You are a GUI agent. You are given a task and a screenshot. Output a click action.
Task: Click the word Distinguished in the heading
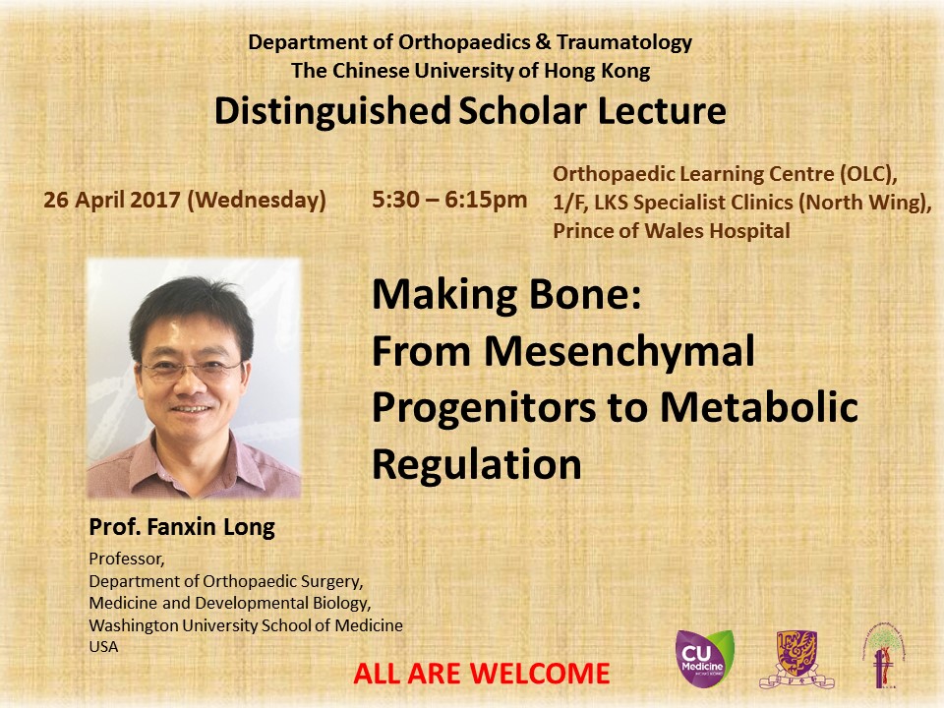pos(332,112)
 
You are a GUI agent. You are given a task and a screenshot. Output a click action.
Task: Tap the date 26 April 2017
pos(112,200)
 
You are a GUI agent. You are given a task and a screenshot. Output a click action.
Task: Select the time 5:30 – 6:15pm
pos(449,200)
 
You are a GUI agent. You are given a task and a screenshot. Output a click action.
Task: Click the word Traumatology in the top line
pos(624,42)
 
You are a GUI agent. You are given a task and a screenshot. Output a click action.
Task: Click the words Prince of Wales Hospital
pos(672,230)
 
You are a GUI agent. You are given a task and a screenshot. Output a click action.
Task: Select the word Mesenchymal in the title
pos(619,353)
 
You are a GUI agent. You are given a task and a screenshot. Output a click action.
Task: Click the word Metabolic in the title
pos(759,407)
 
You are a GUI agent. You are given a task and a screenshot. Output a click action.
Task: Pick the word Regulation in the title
pos(477,465)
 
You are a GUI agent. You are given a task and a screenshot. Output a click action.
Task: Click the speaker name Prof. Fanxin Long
pos(182,527)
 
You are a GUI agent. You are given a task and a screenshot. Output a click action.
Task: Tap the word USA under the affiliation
pos(103,647)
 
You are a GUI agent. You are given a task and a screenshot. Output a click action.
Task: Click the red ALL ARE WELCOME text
pos(482,674)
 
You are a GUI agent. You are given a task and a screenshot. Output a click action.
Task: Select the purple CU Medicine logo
pos(704,659)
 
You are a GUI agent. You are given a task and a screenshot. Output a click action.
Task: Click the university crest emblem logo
pos(796,659)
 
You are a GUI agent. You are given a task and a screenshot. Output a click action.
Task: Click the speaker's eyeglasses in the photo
pos(192,368)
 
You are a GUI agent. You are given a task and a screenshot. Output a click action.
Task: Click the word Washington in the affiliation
pos(134,625)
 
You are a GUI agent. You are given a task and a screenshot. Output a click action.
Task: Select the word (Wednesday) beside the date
pos(257,200)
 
